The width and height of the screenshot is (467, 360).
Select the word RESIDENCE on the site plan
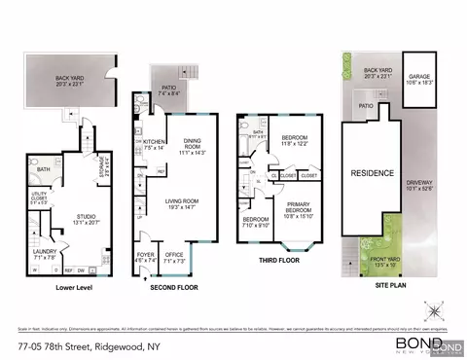372,173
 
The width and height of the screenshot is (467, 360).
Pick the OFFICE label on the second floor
173,256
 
